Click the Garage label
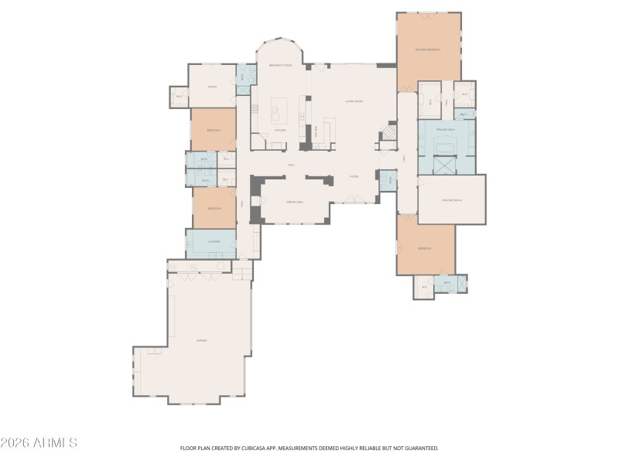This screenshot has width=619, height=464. (x=201, y=340)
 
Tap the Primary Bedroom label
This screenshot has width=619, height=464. (x=427, y=49)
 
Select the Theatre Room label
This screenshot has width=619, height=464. (x=451, y=200)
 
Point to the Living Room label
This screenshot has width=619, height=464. (x=354, y=101)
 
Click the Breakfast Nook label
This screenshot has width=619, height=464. (x=280, y=66)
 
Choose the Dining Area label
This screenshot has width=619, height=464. (x=295, y=202)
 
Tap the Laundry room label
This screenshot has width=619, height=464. (x=211, y=242)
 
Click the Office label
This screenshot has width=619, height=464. (x=212, y=86)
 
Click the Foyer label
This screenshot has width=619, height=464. (x=354, y=176)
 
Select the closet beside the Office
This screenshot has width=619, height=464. (x=179, y=97)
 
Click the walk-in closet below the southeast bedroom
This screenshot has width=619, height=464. (x=423, y=287)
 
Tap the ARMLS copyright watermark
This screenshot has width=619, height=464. (x=39, y=443)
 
